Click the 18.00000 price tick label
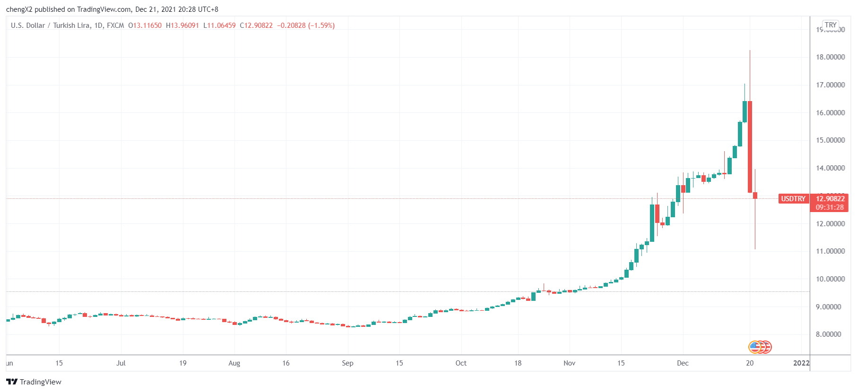830,57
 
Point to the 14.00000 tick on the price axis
830,168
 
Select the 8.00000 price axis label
830,334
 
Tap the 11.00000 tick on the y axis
830,251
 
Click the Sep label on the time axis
347,363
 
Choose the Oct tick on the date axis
461,363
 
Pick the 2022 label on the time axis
801,363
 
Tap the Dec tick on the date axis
683,363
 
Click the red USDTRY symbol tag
793,199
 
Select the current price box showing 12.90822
830,199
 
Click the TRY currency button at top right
831,25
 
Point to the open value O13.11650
145,26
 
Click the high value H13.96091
182,26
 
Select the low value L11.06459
219,26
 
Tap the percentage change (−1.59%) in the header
321,26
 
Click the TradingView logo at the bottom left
34,382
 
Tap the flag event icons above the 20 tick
760,347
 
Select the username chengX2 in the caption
19,9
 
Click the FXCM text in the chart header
115,26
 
